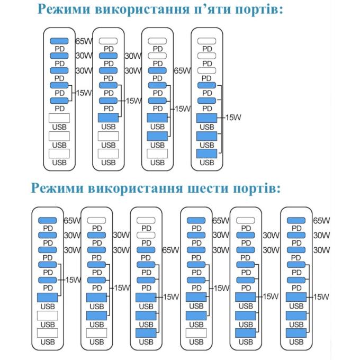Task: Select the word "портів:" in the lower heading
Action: click(257, 188)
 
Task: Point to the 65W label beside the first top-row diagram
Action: click(84, 41)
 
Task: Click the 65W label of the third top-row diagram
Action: click(182, 71)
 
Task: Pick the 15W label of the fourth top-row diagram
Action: click(233, 118)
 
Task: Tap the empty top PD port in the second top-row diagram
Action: click(108, 41)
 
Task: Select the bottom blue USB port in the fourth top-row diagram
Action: click(206, 154)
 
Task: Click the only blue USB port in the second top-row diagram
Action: click(108, 118)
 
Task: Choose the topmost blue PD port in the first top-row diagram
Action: click(59, 41)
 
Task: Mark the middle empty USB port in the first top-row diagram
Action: click(59, 136)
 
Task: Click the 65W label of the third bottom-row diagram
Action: click(170, 250)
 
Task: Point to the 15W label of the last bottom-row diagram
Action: click(321, 297)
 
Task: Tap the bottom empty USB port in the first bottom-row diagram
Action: click(48, 333)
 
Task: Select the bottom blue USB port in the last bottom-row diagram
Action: click(296, 333)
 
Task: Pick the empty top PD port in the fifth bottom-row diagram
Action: click(246, 220)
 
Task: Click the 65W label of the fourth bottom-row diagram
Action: click(221, 221)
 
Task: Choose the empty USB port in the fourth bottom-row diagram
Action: click(196, 333)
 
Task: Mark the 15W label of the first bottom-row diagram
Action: click(73, 280)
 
